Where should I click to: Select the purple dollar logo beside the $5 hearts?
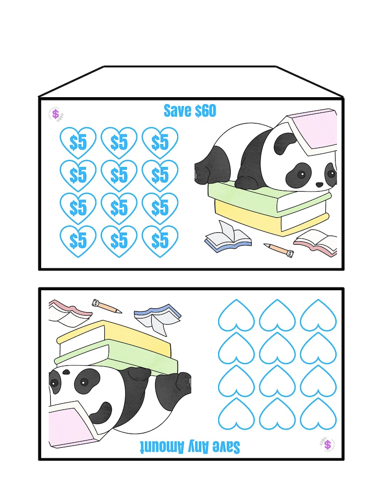[56, 114]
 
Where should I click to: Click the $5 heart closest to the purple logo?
[78, 142]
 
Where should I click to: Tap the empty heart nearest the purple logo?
[318, 413]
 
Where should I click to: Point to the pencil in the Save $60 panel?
[278, 249]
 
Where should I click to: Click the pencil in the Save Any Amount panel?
[106, 305]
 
